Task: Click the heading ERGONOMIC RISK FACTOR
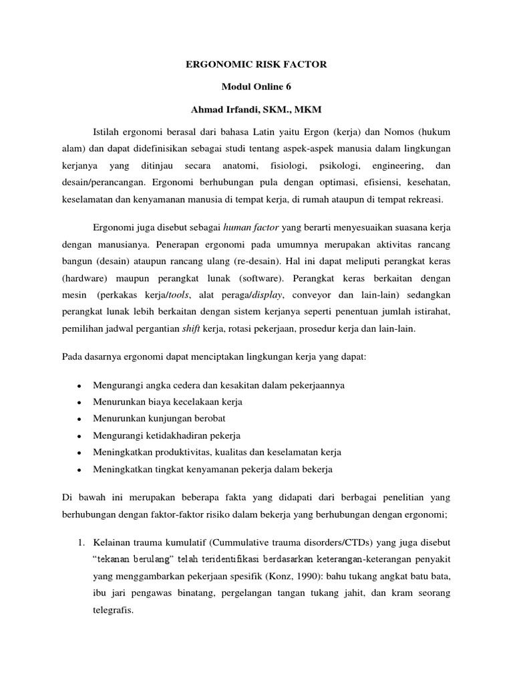pyautogui.click(x=256, y=65)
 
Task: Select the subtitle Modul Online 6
pyautogui.click(x=256, y=86)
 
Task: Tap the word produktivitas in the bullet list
pyautogui.click(x=181, y=453)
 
